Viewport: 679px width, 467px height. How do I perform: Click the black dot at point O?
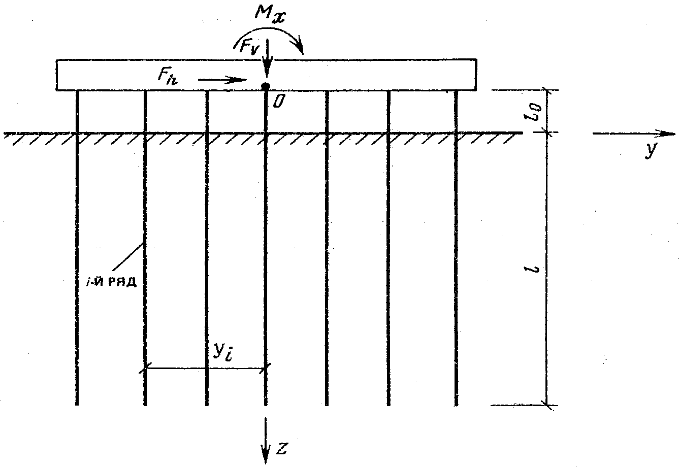click(265, 86)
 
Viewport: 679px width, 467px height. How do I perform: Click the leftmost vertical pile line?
click(77, 254)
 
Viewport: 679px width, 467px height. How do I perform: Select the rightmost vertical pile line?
click(456, 254)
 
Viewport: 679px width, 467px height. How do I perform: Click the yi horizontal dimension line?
click(206, 368)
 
